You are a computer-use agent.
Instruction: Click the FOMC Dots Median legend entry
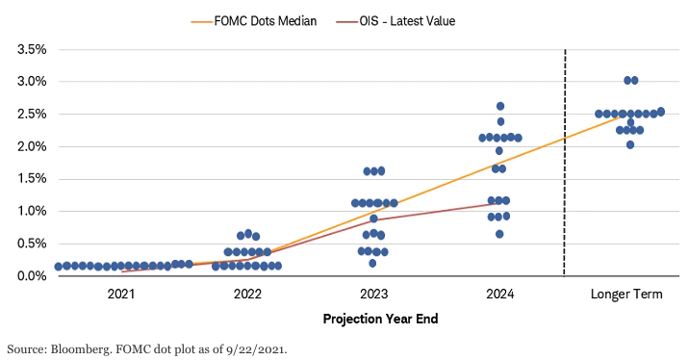click(x=254, y=21)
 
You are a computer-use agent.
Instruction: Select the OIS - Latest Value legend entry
click(x=395, y=21)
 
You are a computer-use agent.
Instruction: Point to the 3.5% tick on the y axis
click(x=32, y=49)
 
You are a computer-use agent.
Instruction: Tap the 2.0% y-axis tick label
click(x=32, y=146)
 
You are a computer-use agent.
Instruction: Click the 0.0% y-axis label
click(x=32, y=275)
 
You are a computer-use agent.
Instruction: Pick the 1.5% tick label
click(x=32, y=178)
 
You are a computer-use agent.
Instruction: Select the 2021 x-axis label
click(x=121, y=294)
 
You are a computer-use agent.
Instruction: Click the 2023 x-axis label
click(x=374, y=294)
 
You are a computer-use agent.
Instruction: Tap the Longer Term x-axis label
click(x=626, y=294)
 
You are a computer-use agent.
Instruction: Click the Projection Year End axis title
click(x=380, y=319)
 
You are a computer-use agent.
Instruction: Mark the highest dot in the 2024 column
click(x=500, y=106)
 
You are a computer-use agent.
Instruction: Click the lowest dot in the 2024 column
click(x=499, y=234)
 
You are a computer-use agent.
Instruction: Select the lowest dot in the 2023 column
click(x=372, y=264)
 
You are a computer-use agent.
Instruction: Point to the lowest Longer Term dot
click(x=630, y=145)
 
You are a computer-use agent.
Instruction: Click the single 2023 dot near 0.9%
click(x=374, y=219)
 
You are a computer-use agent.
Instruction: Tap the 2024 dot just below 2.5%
click(x=500, y=121)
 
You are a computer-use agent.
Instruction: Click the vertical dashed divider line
click(x=565, y=163)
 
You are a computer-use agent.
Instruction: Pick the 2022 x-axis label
click(x=247, y=294)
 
